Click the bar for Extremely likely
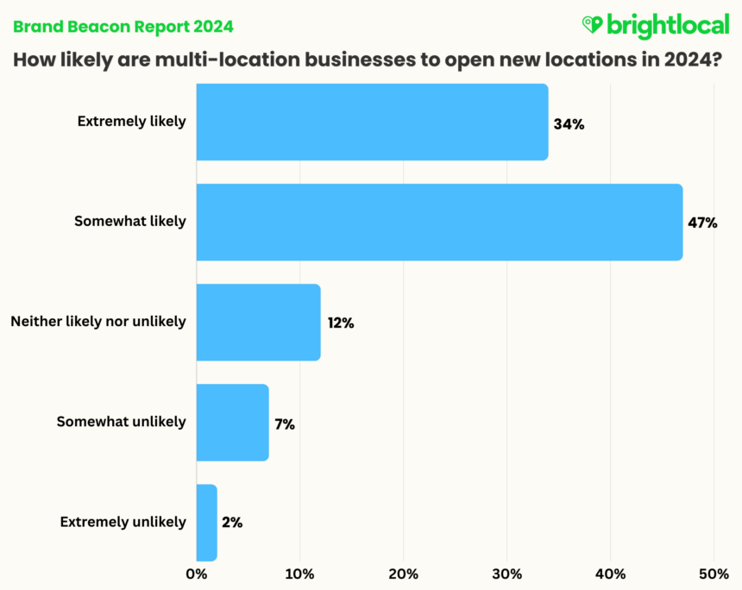(372, 122)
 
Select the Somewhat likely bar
(439, 222)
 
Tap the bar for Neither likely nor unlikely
(258, 323)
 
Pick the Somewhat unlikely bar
(232, 423)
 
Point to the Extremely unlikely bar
(206, 523)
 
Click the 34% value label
(569, 124)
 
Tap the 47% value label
(702, 223)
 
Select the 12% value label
(341, 323)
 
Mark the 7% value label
(285, 424)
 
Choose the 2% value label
(232, 523)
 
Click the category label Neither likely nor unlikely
(98, 322)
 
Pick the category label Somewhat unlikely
(121, 422)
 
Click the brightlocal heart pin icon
(592, 24)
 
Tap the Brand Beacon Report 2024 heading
(123, 27)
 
